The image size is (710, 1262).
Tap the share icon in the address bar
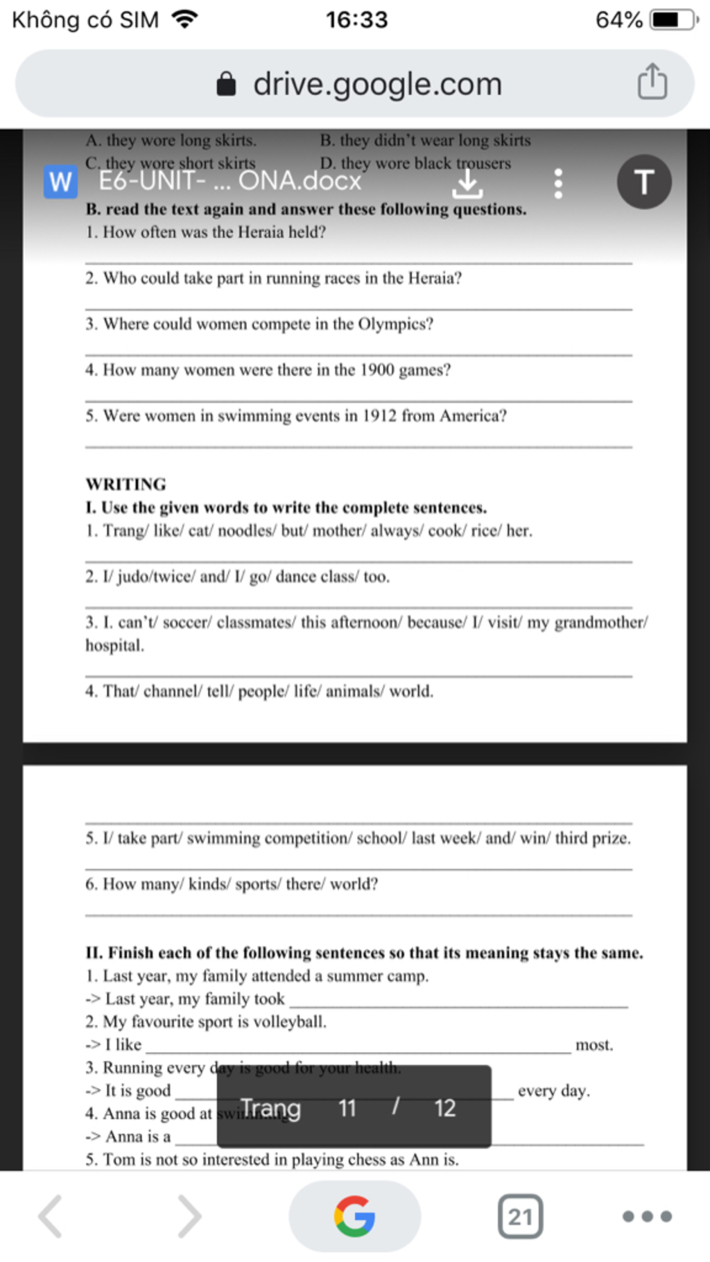[x=652, y=83]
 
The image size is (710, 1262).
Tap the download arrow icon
[x=467, y=184]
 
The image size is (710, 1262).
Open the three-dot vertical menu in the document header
[x=558, y=184]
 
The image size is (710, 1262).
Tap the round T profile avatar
[x=644, y=182]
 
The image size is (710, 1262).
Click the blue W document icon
[x=60, y=182]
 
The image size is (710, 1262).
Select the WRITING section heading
[x=126, y=484]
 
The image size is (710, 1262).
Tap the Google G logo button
[x=354, y=1216]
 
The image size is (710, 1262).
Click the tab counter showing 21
[x=520, y=1216]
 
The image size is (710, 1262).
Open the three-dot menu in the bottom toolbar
[x=646, y=1216]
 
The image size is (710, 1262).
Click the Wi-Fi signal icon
[x=184, y=19]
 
